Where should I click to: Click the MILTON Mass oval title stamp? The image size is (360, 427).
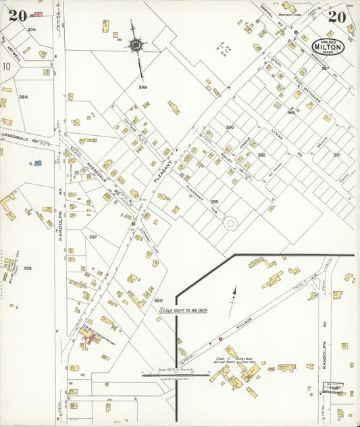pyautogui.click(x=328, y=47)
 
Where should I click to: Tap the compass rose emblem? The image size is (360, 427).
pyautogui.click(x=135, y=45)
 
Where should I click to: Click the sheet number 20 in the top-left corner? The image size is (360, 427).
pyautogui.click(x=18, y=15)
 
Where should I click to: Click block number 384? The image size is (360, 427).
pyautogui.click(x=24, y=97)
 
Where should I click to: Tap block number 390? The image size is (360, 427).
pyautogui.click(x=230, y=127)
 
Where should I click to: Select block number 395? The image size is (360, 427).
pyautogui.click(x=215, y=201)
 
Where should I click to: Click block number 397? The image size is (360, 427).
pyautogui.click(x=93, y=237)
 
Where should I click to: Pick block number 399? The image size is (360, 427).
pyautogui.click(x=158, y=300)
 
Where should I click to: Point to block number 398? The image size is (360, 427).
pyautogui.click(x=27, y=268)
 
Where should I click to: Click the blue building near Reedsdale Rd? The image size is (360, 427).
pyautogui.click(x=38, y=163)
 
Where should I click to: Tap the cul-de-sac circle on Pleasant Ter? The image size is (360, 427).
pyautogui.click(x=231, y=222)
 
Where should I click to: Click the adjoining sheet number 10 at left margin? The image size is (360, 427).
pyautogui.click(x=6, y=66)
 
